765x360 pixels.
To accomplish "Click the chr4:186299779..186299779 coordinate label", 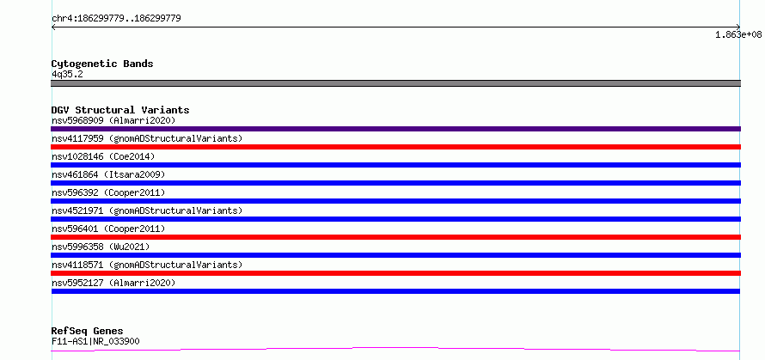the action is point(116,19).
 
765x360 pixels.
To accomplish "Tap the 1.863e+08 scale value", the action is point(738,34).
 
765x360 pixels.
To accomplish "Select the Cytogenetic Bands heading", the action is point(102,64).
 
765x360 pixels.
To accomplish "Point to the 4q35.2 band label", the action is point(67,74).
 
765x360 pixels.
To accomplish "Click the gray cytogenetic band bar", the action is point(395,83).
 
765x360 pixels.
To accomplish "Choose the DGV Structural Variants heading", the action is point(120,110).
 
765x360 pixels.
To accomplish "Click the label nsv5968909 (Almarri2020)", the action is point(113,120).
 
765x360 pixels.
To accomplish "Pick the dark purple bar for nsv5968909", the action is point(395,129).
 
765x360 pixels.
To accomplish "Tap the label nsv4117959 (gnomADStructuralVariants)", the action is point(147,138).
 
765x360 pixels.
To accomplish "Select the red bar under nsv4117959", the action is point(395,147).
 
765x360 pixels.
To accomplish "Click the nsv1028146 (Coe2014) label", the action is point(103,156).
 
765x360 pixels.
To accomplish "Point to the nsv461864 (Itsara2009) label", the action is point(108,174).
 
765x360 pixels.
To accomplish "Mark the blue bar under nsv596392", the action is point(395,201).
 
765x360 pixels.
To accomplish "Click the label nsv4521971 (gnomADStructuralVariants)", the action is point(147,211).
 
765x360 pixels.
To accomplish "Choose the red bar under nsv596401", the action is point(395,237).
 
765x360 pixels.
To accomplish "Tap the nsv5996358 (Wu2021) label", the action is point(101,247).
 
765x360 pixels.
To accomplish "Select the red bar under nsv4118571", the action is point(395,273).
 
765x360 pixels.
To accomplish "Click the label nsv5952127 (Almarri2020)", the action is point(113,283).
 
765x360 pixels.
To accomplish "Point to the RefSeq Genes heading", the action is point(88,332).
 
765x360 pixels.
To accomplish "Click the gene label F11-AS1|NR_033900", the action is point(95,341).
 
